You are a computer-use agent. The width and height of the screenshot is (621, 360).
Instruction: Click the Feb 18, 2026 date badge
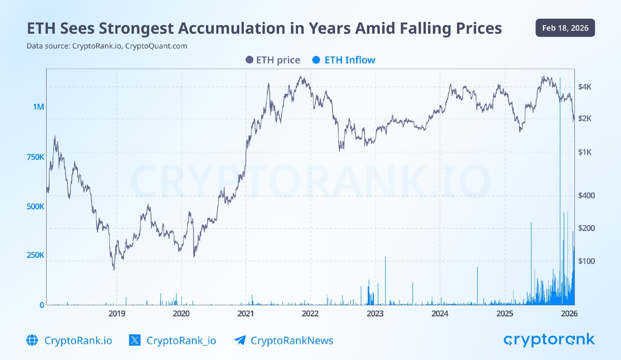(x=565, y=28)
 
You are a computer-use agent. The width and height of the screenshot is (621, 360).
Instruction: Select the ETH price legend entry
(x=273, y=60)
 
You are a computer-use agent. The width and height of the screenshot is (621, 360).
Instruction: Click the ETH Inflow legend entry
(x=344, y=60)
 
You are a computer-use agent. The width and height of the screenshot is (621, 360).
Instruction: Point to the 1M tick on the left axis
(x=39, y=107)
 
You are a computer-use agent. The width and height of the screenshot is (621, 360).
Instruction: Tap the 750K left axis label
(x=35, y=157)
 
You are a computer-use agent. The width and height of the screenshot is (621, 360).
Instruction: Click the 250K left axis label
(x=35, y=255)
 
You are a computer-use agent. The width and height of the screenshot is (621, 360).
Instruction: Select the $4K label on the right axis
(x=585, y=87)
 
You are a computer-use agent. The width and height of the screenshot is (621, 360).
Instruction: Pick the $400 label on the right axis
(x=586, y=195)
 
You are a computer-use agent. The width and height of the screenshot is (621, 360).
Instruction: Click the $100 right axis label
(x=586, y=261)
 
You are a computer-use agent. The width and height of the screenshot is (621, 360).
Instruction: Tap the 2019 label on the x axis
(x=117, y=314)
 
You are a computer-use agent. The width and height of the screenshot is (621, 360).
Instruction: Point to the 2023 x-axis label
(x=375, y=314)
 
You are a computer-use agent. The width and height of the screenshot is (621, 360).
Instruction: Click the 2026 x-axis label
(x=569, y=314)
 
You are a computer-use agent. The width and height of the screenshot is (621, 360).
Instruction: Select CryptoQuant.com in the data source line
(x=156, y=46)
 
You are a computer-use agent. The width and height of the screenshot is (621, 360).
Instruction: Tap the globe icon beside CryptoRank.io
(x=32, y=340)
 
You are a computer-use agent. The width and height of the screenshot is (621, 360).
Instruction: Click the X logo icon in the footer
(x=135, y=340)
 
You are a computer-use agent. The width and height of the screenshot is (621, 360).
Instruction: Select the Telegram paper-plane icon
(x=240, y=340)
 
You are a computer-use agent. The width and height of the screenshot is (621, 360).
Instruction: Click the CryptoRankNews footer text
(x=292, y=341)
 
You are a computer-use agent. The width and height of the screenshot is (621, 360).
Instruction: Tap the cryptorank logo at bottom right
(x=549, y=340)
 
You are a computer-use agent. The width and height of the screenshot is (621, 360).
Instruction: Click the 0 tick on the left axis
(x=42, y=305)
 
